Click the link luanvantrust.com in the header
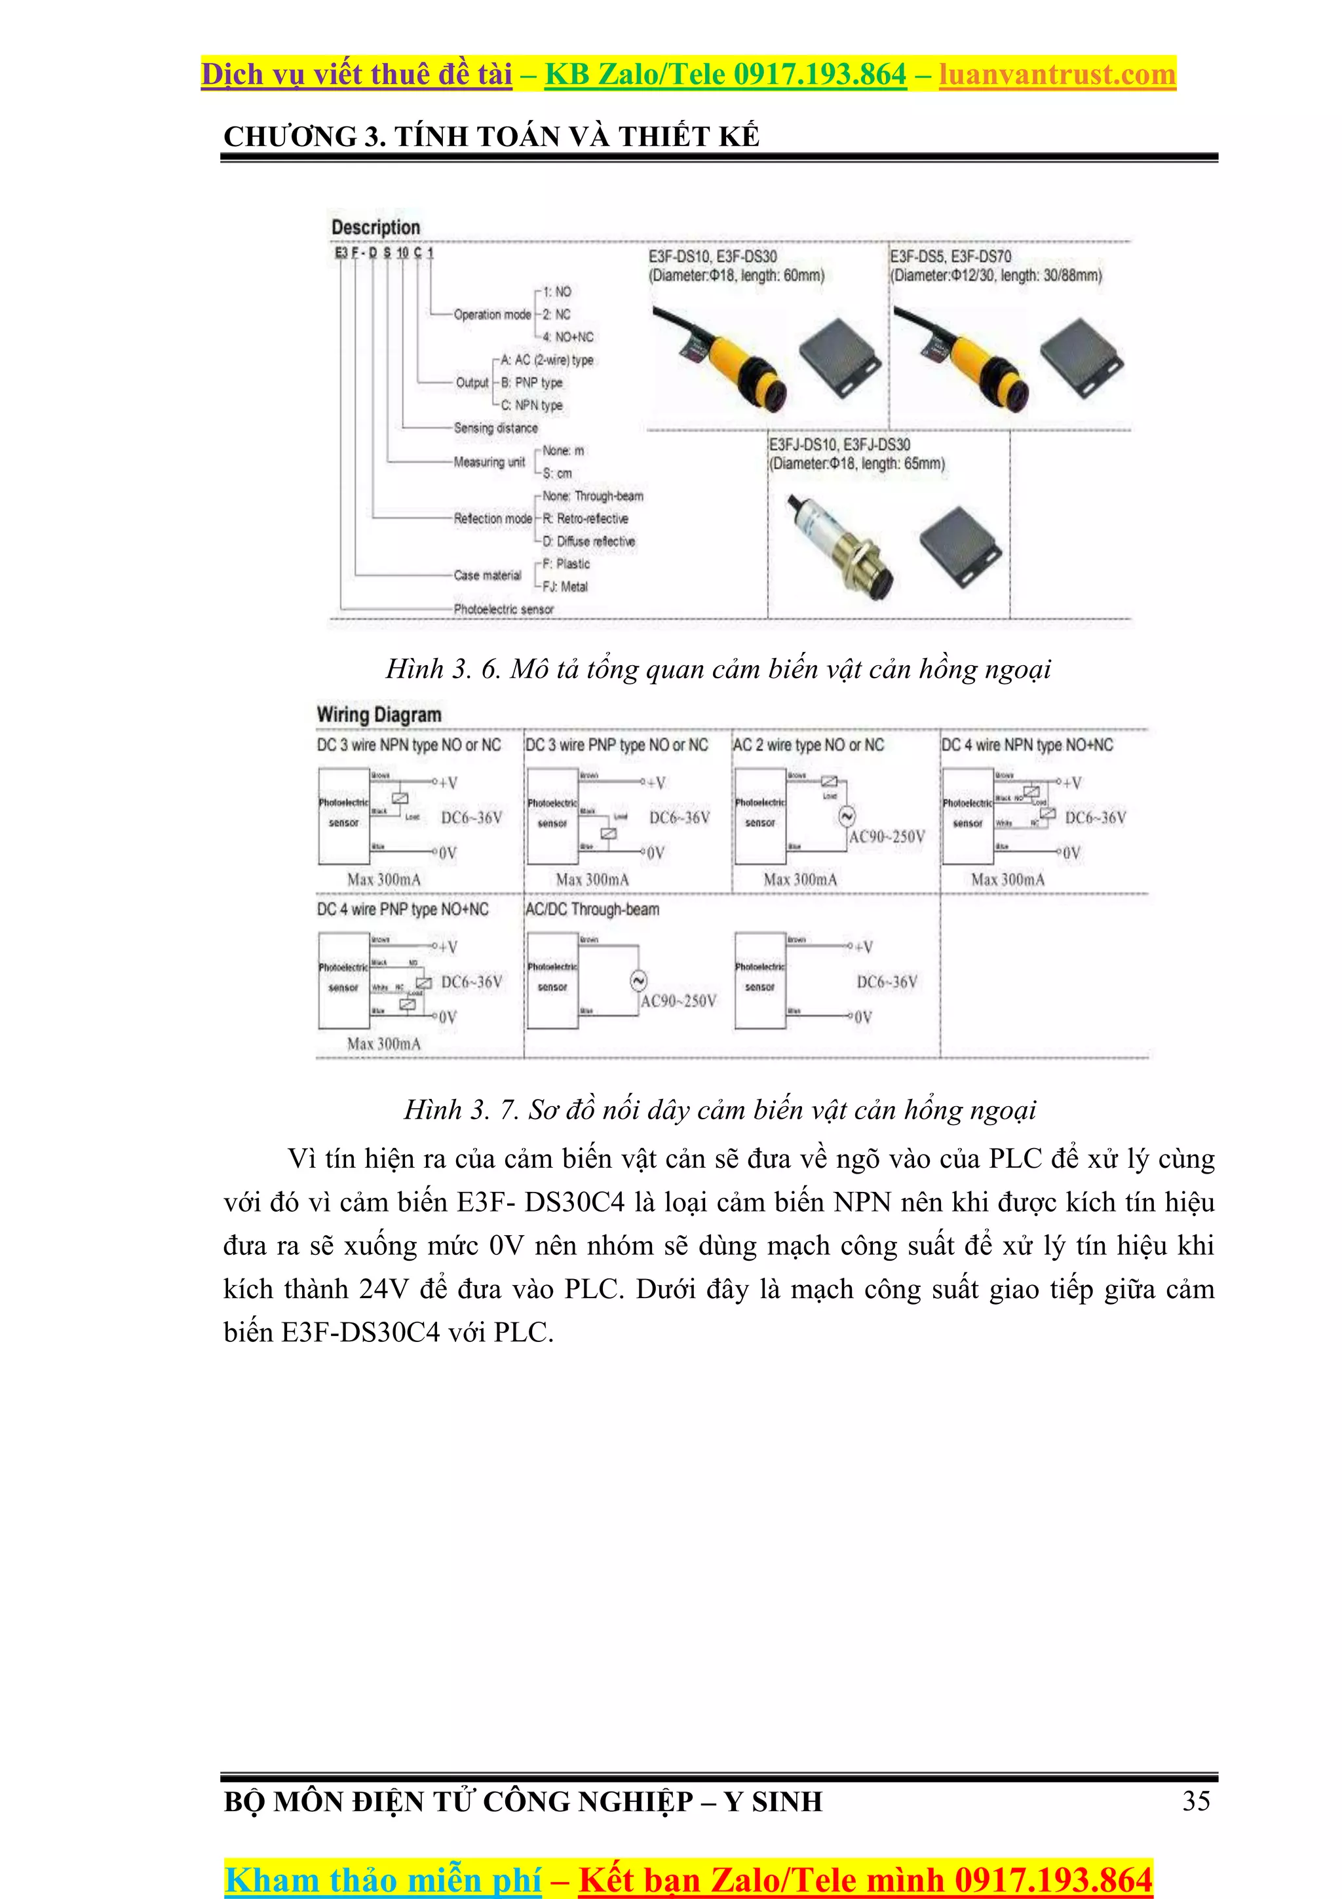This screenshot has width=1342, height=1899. point(1057,75)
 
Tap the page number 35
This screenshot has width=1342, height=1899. point(1196,1801)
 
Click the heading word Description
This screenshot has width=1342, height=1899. point(375,227)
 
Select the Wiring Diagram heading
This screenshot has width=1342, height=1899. point(379,715)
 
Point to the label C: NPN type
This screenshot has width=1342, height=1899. point(531,405)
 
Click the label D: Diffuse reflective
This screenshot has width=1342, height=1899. point(588,541)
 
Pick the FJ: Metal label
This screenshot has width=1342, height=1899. point(565,586)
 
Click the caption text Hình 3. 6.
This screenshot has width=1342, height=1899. point(443,668)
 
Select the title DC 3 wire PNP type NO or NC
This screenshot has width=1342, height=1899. point(617,745)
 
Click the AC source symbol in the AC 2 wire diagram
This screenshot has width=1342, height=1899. point(847,817)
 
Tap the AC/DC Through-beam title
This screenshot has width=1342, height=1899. point(592,910)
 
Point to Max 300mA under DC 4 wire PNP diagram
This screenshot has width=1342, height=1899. point(384,1044)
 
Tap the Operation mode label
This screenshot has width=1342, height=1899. point(492,315)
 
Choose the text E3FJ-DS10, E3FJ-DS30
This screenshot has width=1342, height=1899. point(839,445)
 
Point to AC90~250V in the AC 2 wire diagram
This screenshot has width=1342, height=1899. point(887,837)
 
